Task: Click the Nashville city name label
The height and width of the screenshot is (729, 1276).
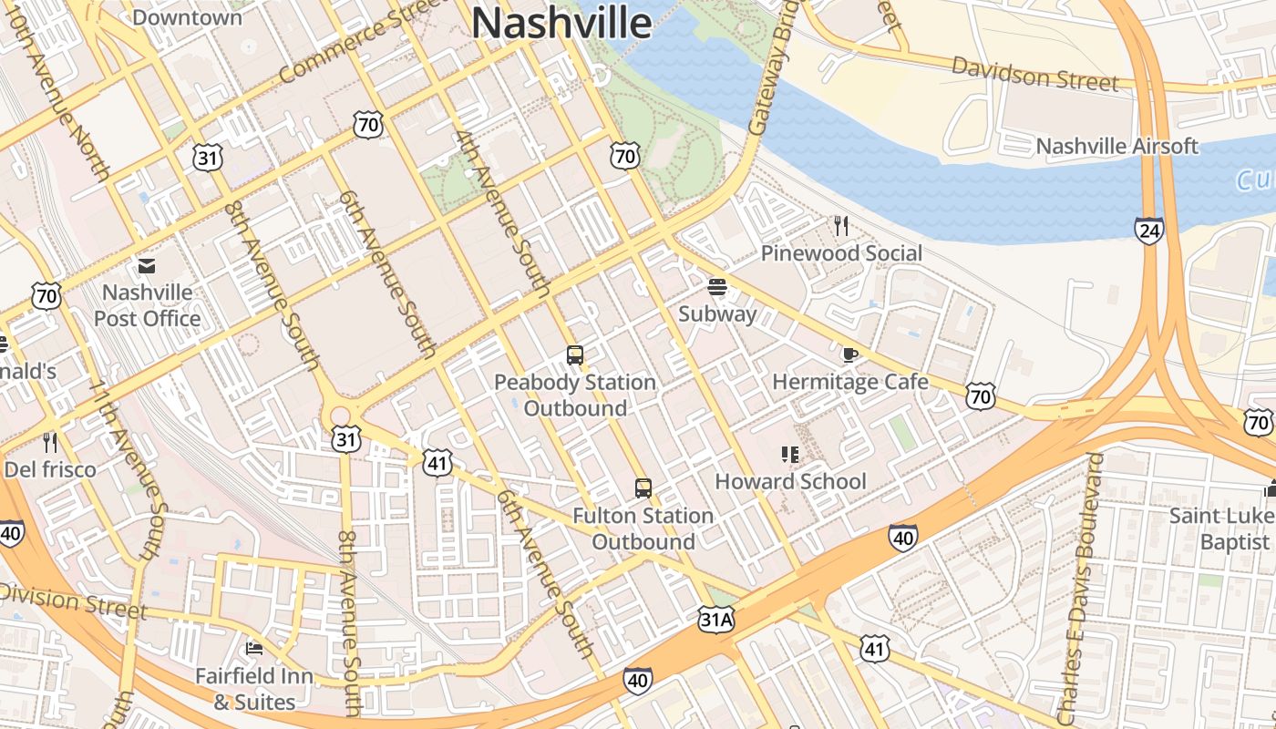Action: pyautogui.click(x=561, y=23)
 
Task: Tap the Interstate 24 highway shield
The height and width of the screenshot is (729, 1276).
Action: pyautogui.click(x=1149, y=231)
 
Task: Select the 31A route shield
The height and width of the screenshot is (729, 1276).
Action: pyautogui.click(x=716, y=621)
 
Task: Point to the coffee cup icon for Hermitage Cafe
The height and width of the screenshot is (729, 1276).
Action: pyautogui.click(x=849, y=355)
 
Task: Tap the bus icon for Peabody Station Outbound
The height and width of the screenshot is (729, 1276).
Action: pyautogui.click(x=574, y=355)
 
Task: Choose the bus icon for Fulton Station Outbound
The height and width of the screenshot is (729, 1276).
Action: pyautogui.click(x=643, y=488)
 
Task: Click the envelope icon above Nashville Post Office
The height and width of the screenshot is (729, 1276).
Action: pyautogui.click(x=146, y=266)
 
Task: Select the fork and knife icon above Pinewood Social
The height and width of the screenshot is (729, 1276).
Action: pyautogui.click(x=840, y=226)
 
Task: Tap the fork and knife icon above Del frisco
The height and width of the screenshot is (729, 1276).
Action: pyautogui.click(x=50, y=443)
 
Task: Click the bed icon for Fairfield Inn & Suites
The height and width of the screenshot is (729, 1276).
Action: pyautogui.click(x=254, y=649)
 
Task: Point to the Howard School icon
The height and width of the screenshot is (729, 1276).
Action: pyautogui.click(x=789, y=455)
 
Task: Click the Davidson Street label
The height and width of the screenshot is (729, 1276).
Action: pyautogui.click(x=1034, y=73)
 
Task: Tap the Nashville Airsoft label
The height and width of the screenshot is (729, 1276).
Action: pyautogui.click(x=1116, y=146)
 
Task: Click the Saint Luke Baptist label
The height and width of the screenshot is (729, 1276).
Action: pyautogui.click(x=1220, y=529)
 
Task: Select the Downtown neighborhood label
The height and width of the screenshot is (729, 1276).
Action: pyautogui.click(x=187, y=16)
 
